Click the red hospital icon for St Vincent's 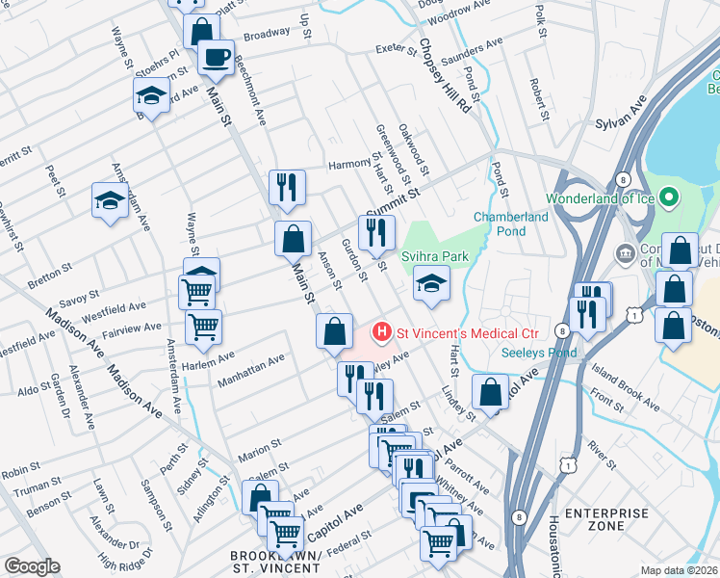pos(382,333)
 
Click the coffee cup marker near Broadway pos(216,56)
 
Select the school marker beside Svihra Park pos(431,283)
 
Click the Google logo pos(32,566)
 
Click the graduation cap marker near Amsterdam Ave pos(109,199)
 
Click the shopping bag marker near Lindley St pos(490,392)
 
